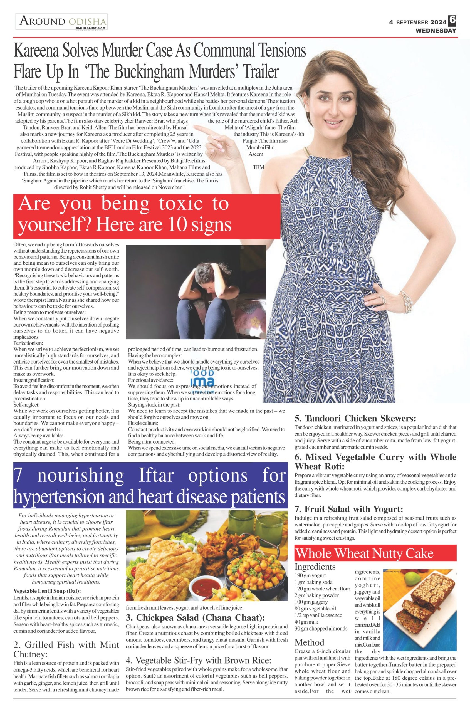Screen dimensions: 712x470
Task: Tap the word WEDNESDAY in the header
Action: tap(436, 31)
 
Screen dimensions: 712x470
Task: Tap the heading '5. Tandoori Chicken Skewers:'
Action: tap(355, 418)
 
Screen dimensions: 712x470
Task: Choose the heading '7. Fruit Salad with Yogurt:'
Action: tap(348, 509)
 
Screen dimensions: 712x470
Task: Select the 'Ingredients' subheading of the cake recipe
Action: tap(315, 567)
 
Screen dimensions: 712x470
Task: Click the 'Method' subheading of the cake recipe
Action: tap(309, 642)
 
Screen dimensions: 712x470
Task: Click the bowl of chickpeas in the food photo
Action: tap(241, 570)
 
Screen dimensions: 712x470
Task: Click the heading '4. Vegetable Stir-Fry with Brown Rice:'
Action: tap(199, 660)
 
